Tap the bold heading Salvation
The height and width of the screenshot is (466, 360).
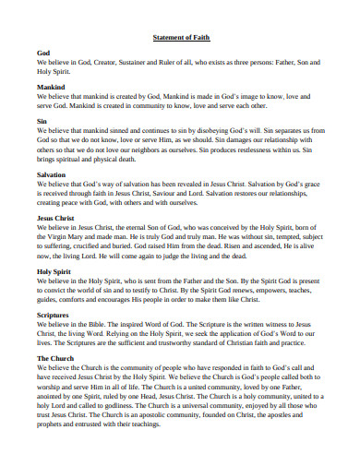click(51, 173)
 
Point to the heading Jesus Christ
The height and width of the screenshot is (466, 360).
click(56, 217)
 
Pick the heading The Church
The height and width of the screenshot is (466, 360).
click(55, 357)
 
